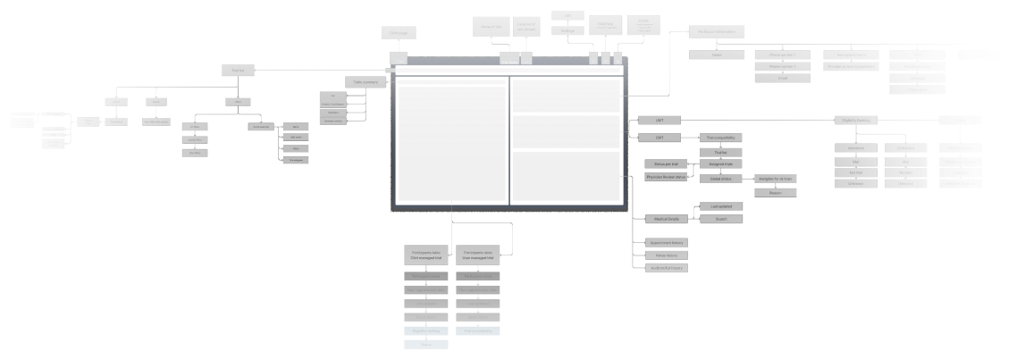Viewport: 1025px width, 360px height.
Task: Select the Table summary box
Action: (x=365, y=81)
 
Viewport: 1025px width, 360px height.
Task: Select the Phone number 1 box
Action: (x=776, y=54)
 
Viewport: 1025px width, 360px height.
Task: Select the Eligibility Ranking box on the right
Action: (x=856, y=120)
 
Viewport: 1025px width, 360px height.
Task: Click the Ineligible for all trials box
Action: (x=776, y=180)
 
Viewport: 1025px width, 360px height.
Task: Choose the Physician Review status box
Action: (x=666, y=178)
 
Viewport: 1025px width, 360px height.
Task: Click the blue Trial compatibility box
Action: (x=478, y=331)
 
